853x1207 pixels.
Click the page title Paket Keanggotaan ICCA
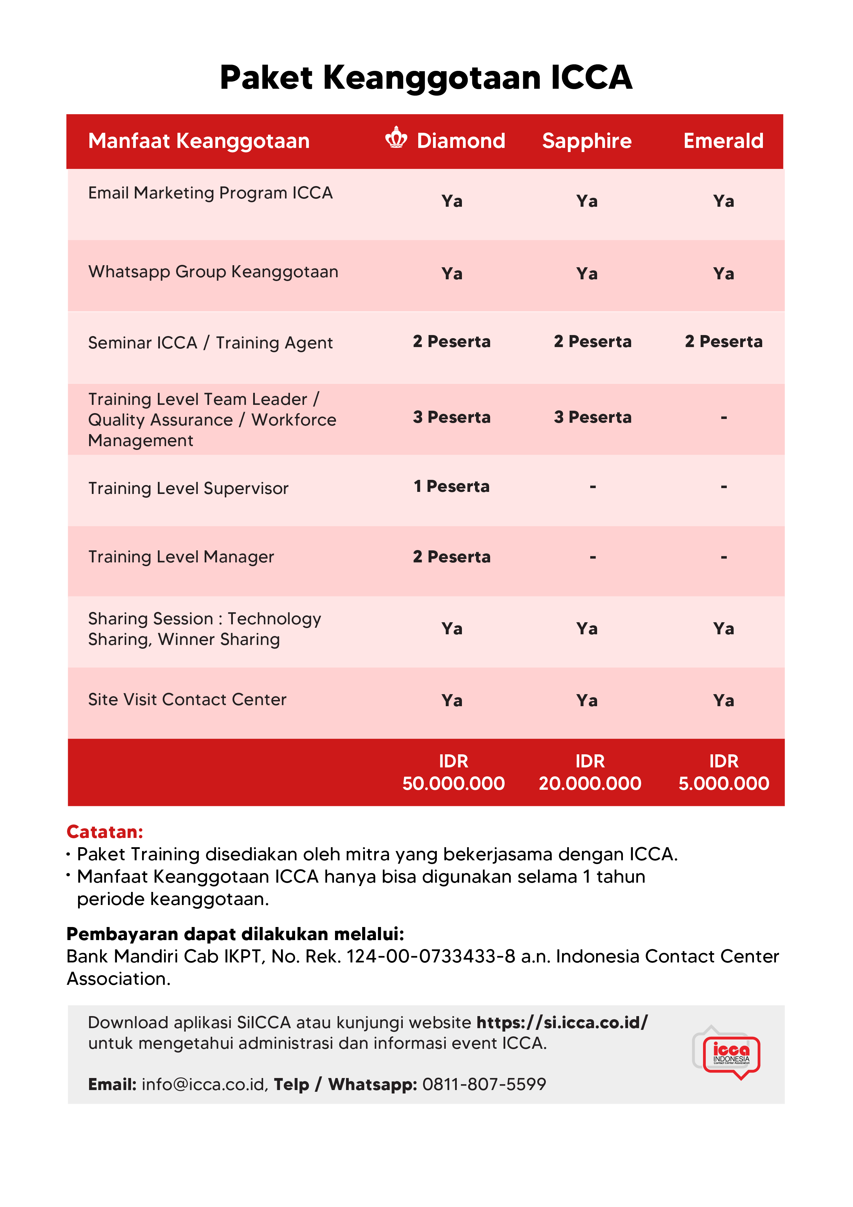(426, 78)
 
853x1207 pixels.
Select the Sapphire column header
(586, 141)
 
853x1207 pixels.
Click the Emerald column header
(723, 141)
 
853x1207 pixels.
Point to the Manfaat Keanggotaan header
(199, 141)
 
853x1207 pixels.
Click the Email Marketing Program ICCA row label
(210, 193)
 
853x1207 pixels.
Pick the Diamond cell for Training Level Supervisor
(452, 486)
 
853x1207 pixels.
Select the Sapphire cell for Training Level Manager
(592, 557)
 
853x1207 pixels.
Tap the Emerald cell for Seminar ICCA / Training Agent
(723, 342)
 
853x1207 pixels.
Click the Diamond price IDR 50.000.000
(453, 772)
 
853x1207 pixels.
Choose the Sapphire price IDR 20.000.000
(590, 772)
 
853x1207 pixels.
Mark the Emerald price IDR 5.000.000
(723, 772)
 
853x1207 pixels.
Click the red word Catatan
(105, 832)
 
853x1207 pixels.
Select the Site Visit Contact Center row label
(187, 700)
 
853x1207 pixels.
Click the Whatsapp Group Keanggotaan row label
(213, 272)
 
